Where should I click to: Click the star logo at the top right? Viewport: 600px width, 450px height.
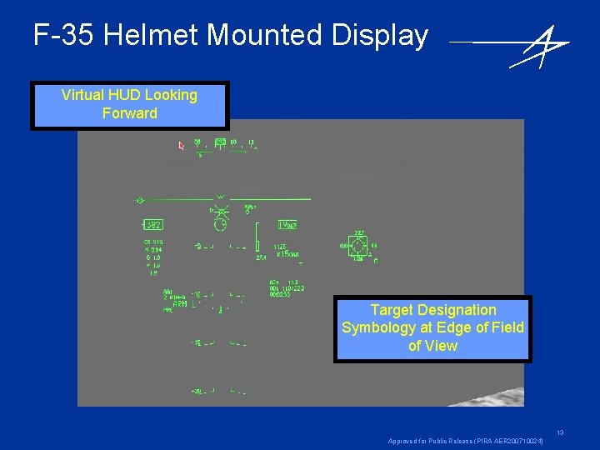(x=540, y=45)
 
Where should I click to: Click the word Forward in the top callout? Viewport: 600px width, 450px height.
(x=129, y=113)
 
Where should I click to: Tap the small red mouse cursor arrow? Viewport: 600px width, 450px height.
(x=182, y=146)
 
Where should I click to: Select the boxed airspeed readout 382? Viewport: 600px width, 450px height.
(x=152, y=225)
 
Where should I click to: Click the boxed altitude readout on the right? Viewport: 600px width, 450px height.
(x=287, y=225)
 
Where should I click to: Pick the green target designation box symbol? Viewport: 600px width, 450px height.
(x=358, y=246)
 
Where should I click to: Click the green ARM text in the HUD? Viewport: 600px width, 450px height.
(x=179, y=304)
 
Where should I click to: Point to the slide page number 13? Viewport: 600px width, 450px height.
(x=560, y=432)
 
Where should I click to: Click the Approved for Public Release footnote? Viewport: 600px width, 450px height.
(x=467, y=441)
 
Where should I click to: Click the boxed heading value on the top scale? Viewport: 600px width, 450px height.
(x=220, y=142)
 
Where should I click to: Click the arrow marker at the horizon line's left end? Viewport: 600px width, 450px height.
(x=140, y=200)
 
